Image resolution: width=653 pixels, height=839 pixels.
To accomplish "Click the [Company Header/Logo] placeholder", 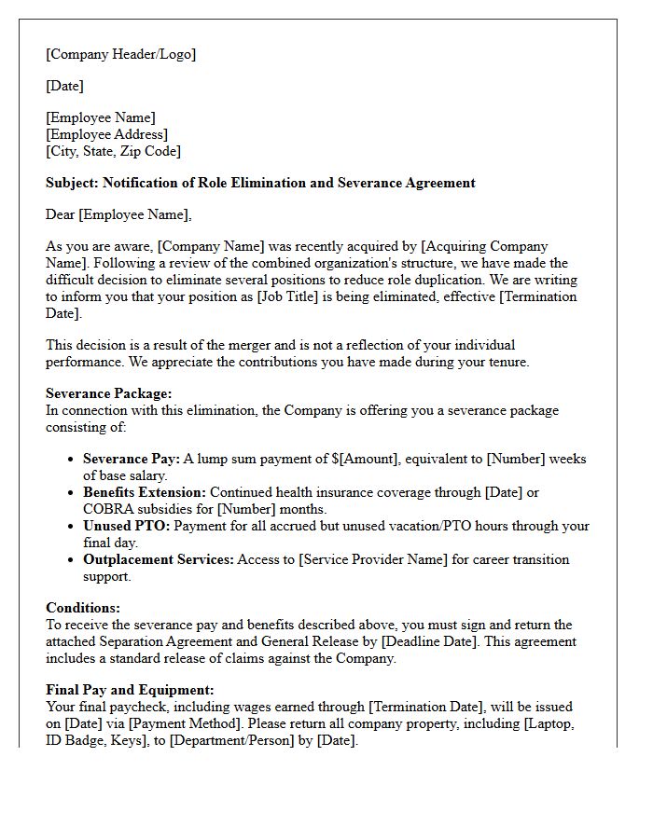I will pos(121,54).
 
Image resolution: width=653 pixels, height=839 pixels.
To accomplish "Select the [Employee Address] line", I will pos(107,134).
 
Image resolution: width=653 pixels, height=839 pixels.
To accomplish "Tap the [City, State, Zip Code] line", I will pos(113,151).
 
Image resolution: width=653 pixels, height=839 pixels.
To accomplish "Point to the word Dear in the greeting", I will pos(61,214).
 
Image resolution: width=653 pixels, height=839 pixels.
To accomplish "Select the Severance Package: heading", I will pos(109,393).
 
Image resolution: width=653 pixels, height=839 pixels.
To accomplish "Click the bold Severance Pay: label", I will pos(131,459).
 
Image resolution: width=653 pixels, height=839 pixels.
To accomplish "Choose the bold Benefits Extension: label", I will pos(145,492).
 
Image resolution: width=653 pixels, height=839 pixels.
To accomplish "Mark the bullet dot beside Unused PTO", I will pos(72,527).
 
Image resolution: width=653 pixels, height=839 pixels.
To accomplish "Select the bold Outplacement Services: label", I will pos(159,559).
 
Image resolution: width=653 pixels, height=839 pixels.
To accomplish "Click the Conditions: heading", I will pos(83,608).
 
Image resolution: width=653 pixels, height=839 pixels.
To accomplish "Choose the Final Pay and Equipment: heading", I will pos(130,690).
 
